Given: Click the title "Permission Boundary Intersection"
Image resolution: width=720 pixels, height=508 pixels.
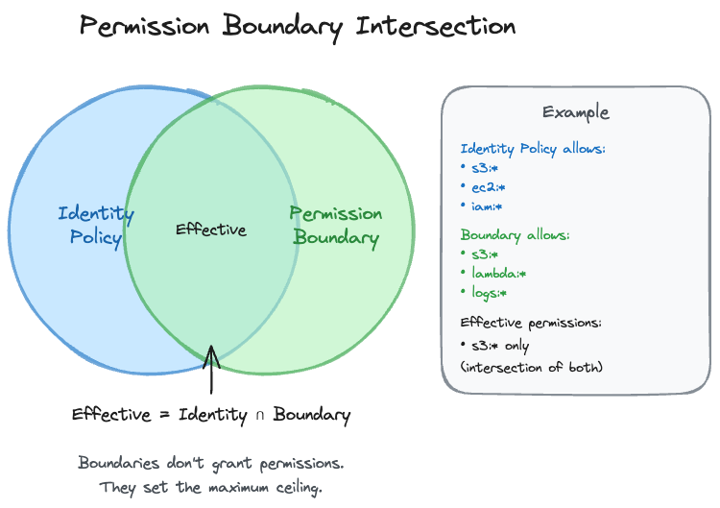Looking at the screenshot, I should tap(298, 26).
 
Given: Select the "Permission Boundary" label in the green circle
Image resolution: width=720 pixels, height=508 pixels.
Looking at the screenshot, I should tap(336, 225).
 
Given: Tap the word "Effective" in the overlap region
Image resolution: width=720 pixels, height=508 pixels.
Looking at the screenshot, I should tap(211, 230).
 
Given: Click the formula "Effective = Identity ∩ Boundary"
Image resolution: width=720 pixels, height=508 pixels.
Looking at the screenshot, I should tap(211, 416).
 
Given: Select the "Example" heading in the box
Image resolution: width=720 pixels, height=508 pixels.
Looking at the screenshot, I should tap(575, 112).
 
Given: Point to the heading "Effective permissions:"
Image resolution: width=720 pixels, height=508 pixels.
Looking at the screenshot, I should tap(531, 323).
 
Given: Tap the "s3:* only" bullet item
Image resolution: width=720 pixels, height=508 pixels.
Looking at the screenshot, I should tap(499, 345).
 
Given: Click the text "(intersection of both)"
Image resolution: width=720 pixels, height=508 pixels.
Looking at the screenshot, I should tap(532, 367).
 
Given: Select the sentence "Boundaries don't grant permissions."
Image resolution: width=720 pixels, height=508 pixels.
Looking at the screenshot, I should tap(210, 463).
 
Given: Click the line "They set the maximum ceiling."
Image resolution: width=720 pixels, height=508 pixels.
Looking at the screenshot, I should tap(210, 488).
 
